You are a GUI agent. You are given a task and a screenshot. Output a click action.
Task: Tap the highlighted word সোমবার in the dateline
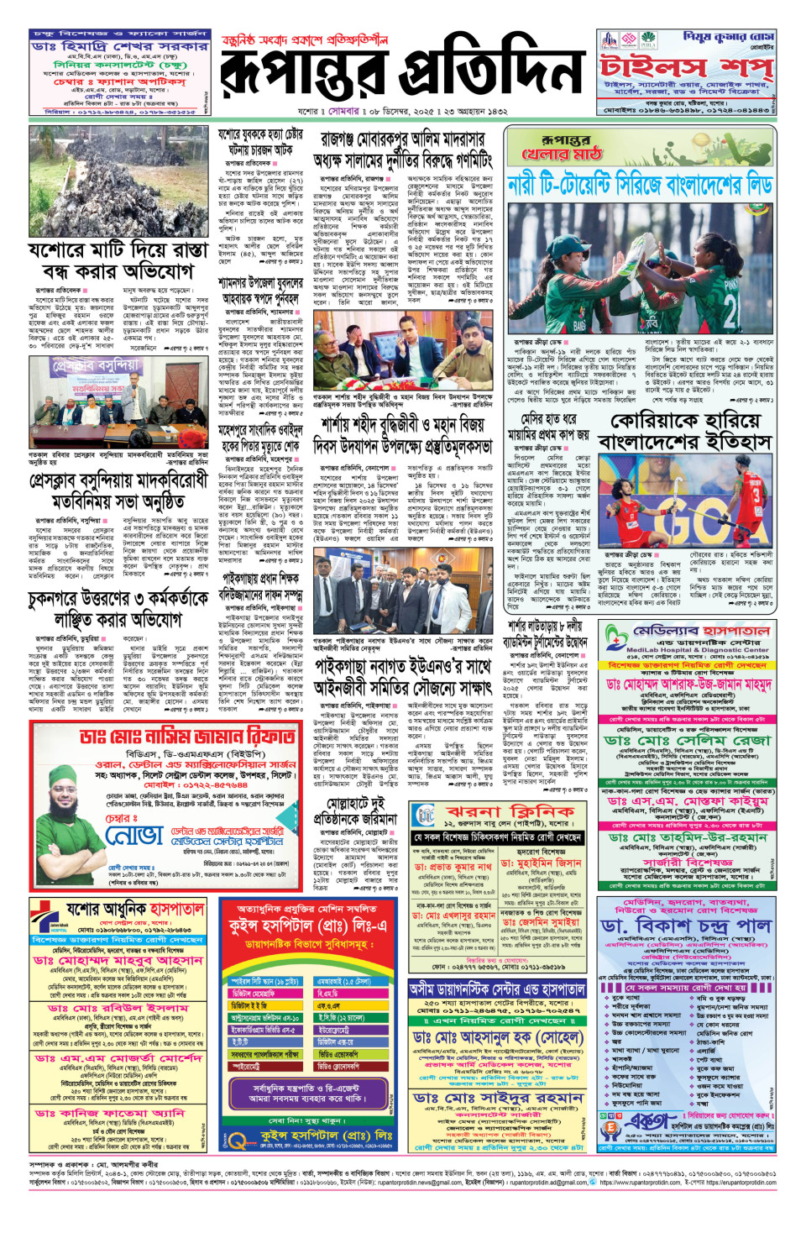[344, 111]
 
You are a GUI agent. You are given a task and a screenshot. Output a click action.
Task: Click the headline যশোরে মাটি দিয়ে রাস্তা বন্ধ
[118, 261]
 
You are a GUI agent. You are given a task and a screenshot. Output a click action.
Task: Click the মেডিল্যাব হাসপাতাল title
[701, 632]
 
